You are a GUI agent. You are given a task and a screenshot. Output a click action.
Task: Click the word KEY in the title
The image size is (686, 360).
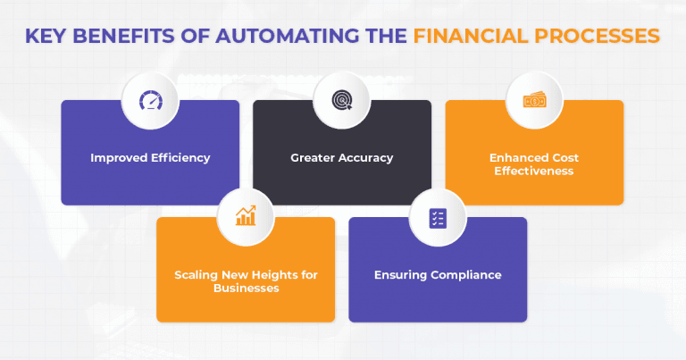click(47, 37)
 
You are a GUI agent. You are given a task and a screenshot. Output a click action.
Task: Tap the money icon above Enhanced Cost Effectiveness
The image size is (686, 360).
click(534, 101)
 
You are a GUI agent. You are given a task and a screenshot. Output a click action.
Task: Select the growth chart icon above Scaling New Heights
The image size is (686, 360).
click(246, 215)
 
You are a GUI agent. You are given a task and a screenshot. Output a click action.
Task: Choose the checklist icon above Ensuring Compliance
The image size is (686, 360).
click(438, 217)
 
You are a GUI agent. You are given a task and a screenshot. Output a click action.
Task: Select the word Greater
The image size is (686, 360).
click(314, 158)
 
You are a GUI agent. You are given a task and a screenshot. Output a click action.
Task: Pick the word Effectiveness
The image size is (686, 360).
click(534, 172)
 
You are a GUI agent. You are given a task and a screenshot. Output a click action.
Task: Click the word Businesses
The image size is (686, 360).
click(246, 288)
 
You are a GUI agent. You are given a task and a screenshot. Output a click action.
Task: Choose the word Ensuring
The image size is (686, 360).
click(399, 274)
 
